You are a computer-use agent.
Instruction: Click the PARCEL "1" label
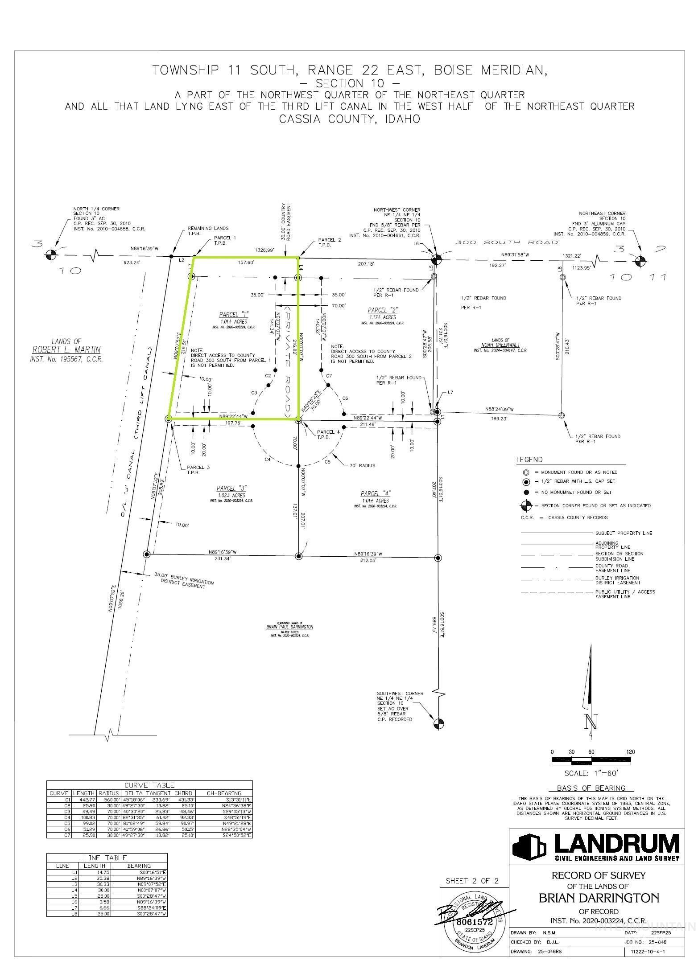point(233,313)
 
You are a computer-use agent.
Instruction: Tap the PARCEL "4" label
point(376,493)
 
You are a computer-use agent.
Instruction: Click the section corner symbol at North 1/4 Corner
point(51,255)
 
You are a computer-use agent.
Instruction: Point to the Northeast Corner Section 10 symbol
point(640,259)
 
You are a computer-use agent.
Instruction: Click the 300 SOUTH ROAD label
point(506,242)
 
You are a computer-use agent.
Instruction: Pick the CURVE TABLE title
point(149,784)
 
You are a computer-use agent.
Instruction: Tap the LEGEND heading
point(529,460)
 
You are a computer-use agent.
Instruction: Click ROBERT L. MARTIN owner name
point(66,349)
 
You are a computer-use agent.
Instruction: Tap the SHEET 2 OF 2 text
point(472,881)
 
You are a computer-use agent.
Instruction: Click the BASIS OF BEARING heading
point(591,788)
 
